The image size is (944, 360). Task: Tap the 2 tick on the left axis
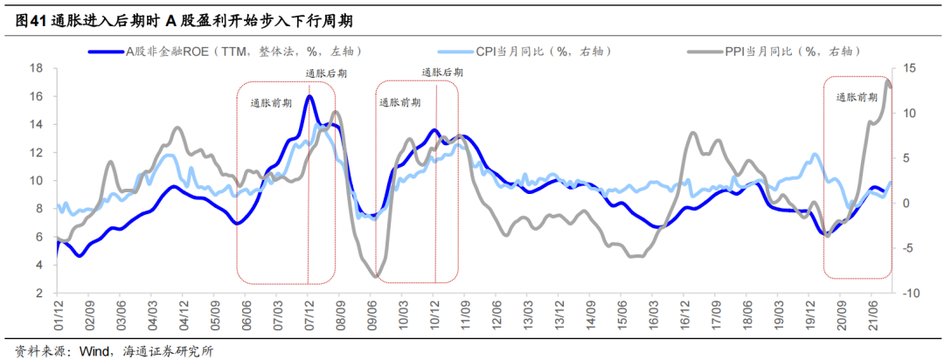point(40,294)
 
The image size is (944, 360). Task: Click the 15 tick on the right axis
point(909,68)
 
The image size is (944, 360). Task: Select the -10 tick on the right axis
point(909,294)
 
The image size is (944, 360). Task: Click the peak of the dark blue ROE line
point(309,96)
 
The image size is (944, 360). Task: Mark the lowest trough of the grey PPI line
point(376,276)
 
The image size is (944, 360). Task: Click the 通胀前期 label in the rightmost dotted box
point(857,97)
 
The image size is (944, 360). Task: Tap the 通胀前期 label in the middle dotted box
point(399,102)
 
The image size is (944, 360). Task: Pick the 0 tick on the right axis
point(906,204)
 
